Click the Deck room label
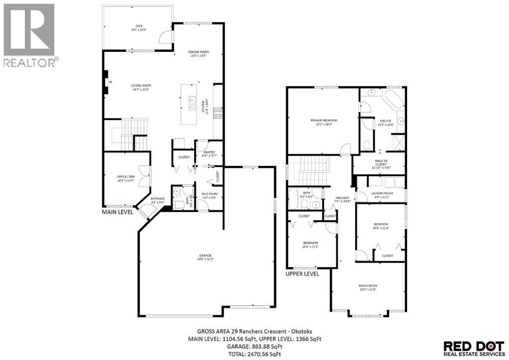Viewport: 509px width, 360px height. tap(139, 26)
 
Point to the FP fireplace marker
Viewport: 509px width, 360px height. tap(110, 82)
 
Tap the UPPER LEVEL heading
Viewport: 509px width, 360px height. tap(302, 273)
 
